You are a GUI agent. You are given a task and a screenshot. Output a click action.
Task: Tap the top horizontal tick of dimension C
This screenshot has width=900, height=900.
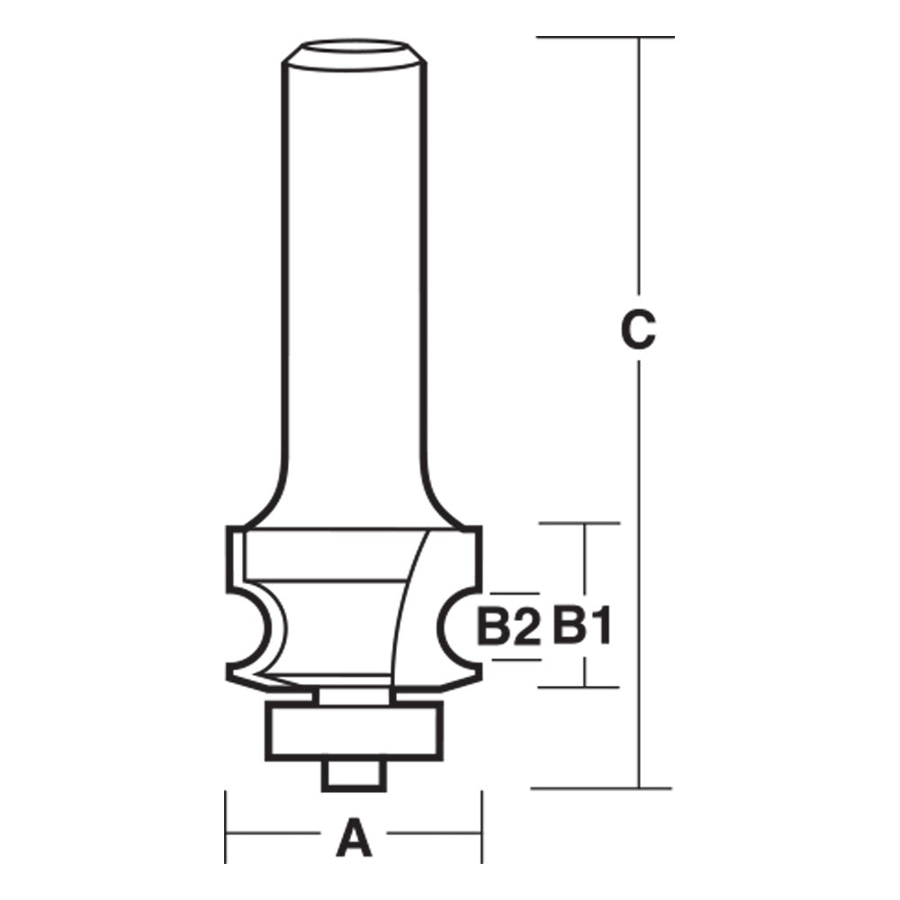(x=603, y=37)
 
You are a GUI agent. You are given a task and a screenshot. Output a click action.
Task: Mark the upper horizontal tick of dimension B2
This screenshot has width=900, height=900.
(x=513, y=594)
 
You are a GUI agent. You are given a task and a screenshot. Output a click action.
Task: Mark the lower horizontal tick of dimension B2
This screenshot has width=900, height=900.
(x=513, y=659)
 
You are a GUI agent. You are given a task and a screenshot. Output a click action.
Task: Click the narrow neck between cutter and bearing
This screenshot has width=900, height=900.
(x=354, y=696)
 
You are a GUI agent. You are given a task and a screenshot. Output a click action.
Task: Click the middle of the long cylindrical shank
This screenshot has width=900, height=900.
(x=354, y=270)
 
